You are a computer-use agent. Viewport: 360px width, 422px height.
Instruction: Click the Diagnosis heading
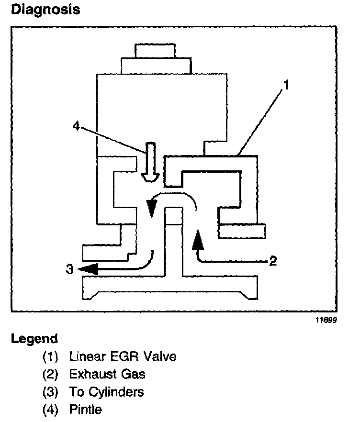click(45, 10)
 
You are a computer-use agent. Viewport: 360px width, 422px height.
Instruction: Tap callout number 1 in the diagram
click(286, 87)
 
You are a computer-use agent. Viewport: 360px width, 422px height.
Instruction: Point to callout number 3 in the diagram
click(69, 270)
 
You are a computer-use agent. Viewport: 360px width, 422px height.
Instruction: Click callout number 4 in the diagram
click(76, 126)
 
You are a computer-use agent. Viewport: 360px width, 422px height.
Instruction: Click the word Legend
click(34, 339)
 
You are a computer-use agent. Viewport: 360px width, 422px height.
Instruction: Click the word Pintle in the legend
click(85, 410)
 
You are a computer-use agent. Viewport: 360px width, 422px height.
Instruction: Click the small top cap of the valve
click(155, 50)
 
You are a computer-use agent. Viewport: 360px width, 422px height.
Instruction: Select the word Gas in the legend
click(133, 374)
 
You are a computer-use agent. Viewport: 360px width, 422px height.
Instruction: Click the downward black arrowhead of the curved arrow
click(151, 209)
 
